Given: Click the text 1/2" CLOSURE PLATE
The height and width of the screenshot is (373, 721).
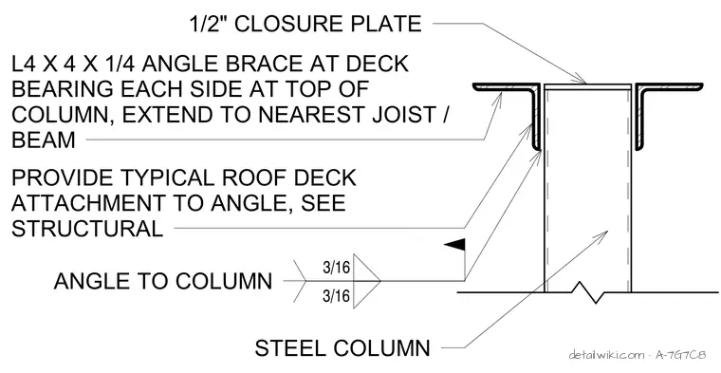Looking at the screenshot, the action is (305, 24).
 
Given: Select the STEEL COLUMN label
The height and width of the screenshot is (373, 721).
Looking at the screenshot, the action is (342, 348).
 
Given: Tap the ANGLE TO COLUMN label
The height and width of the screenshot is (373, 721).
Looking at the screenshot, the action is (163, 281).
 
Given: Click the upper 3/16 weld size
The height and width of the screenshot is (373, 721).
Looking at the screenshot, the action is (336, 267).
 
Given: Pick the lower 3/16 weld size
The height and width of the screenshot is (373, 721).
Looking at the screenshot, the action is (336, 295).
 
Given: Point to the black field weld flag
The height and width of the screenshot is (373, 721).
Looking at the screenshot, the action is (454, 245).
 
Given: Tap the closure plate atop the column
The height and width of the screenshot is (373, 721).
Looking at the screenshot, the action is (587, 86).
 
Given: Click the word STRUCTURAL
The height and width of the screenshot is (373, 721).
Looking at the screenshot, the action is (87, 228).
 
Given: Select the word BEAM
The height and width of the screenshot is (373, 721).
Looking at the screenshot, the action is (44, 140).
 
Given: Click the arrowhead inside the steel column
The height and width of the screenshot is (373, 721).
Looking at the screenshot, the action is (601, 236).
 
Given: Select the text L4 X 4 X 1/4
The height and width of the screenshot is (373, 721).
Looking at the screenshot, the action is (74, 63).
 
